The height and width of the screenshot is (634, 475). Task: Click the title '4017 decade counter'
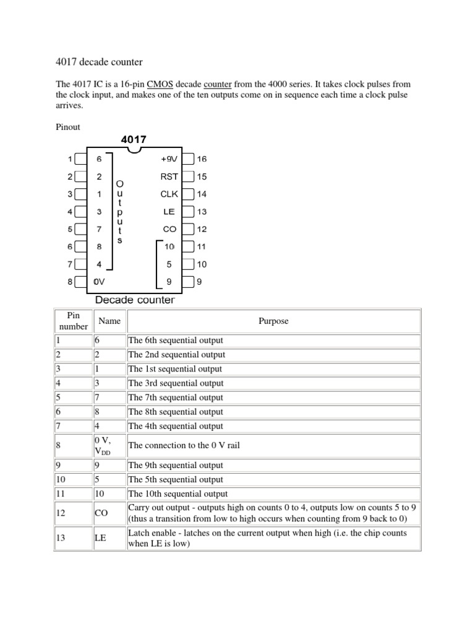[x=100, y=62]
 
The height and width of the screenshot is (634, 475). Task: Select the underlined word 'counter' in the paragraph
[x=217, y=84]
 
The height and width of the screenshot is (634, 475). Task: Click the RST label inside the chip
[x=169, y=176]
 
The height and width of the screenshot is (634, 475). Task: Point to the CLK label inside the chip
[x=169, y=194]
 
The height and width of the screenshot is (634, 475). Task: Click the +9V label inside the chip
[x=169, y=159]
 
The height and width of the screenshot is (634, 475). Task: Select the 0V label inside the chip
[x=99, y=282]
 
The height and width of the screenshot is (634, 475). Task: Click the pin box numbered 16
[x=189, y=159]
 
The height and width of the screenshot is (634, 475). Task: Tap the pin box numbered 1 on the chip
[x=80, y=159]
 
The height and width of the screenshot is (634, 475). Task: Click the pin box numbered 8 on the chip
[x=80, y=282]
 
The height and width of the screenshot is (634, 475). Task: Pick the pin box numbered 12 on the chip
[x=189, y=229]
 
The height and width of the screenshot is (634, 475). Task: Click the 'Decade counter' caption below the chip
[x=134, y=300]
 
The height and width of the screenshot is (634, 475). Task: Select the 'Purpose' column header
[x=273, y=321]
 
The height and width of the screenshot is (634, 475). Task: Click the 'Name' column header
[x=109, y=321]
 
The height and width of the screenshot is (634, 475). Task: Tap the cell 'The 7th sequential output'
[x=175, y=397]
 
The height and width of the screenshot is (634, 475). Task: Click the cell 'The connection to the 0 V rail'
[x=184, y=445]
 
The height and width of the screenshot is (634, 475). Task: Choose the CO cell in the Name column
[x=101, y=513]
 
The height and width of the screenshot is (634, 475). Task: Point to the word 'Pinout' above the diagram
[x=68, y=127]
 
